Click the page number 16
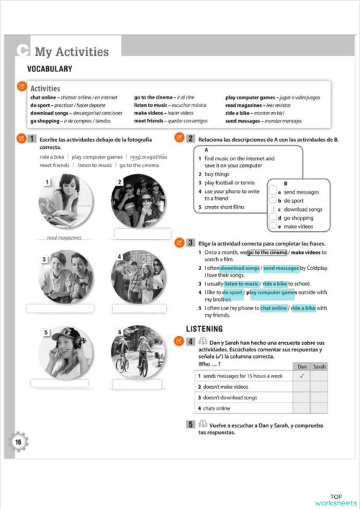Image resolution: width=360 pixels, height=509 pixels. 18,442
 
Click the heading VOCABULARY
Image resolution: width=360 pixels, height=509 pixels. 50,69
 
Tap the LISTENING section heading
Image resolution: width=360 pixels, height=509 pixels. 210,329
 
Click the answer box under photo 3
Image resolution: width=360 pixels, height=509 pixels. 60,308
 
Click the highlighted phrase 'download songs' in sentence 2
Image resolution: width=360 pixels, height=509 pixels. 240,268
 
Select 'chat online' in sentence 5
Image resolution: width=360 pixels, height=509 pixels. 274,308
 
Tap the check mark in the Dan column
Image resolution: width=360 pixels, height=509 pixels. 302,376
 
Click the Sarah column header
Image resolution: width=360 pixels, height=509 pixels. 320,366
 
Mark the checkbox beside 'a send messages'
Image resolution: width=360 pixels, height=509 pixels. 272,192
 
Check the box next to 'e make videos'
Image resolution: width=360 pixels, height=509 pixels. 272,226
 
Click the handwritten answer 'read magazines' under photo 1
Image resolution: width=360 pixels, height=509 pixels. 64,237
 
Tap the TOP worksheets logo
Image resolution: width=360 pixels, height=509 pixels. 335,499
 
